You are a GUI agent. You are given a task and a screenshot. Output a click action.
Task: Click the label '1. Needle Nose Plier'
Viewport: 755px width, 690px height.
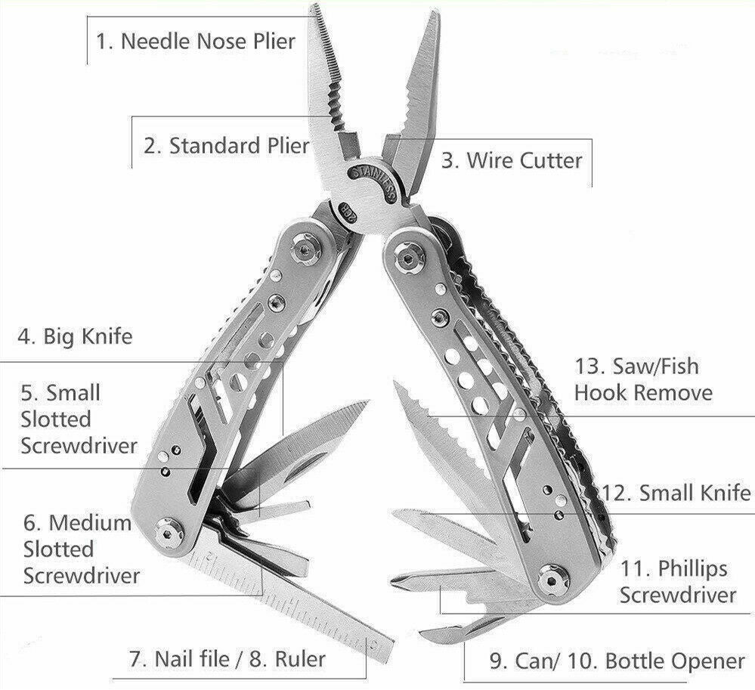(x=195, y=41)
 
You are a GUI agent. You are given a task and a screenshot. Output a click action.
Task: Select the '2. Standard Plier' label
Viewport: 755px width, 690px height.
(x=226, y=145)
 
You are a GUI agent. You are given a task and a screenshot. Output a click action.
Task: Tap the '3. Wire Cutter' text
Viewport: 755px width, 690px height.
(x=512, y=160)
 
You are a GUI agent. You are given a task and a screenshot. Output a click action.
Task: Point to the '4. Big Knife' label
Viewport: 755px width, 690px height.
(x=75, y=336)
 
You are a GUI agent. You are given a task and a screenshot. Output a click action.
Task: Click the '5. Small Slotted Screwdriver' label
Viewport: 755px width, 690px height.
(x=79, y=419)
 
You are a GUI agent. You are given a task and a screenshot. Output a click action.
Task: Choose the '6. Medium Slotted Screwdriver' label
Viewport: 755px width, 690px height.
(x=82, y=549)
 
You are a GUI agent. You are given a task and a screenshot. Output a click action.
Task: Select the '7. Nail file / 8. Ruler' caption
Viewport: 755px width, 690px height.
(x=227, y=659)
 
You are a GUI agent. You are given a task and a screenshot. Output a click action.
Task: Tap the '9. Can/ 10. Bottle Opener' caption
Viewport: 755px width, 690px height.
(x=617, y=661)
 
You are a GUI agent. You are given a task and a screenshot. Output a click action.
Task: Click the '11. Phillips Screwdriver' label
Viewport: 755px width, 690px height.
(x=678, y=582)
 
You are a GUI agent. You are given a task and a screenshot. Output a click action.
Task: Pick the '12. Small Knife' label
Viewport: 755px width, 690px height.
(x=676, y=493)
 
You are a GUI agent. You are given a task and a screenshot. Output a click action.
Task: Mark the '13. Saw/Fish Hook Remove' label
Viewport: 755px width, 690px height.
(x=643, y=379)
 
